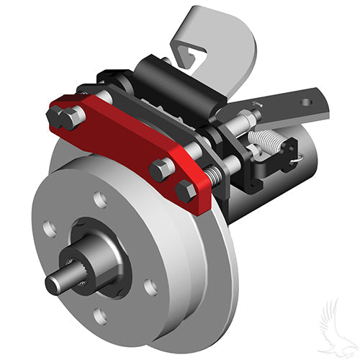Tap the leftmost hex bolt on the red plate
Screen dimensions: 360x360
[x=58, y=116]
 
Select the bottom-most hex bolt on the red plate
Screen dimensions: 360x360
[x=186, y=192]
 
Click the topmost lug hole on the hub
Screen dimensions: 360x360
[x=100, y=199]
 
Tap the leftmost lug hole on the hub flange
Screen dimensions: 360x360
[x=49, y=230]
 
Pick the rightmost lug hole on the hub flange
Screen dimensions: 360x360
[x=150, y=287]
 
